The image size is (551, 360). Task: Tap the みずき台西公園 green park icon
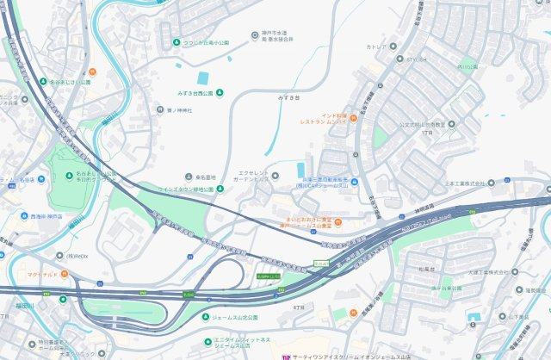[219, 93]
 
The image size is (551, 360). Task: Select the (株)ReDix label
[78, 257]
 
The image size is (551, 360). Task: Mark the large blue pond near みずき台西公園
[203, 78]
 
